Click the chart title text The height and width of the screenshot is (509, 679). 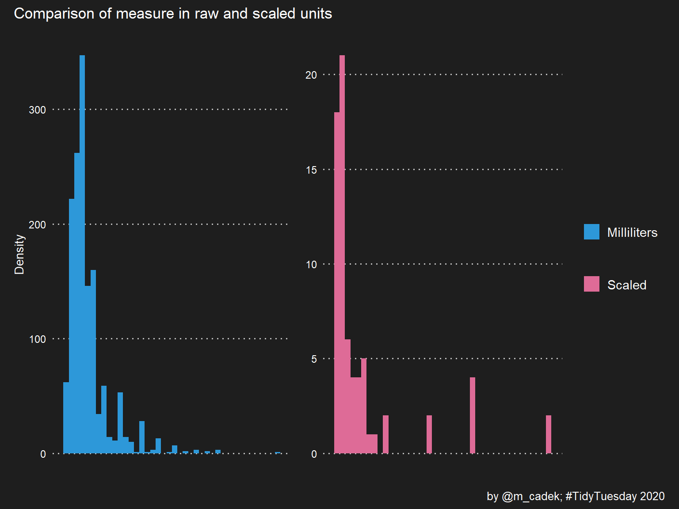point(173,14)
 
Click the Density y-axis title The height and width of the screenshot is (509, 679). point(19,254)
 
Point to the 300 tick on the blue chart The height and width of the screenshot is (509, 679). point(37,110)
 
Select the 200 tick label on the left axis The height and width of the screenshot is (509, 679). point(37,225)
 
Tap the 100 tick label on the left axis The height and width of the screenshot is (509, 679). point(37,339)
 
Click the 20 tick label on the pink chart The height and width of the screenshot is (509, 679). point(311,75)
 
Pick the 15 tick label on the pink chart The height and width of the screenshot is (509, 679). point(311,170)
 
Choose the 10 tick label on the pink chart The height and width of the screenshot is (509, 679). point(311,265)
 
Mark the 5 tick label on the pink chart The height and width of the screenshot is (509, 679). point(314,359)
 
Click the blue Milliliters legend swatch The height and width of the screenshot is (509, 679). point(591,232)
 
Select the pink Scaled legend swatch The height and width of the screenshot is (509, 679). point(591,284)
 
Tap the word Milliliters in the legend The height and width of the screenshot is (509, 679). point(632,232)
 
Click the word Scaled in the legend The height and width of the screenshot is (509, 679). point(626,285)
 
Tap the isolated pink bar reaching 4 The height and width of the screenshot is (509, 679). point(473,415)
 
